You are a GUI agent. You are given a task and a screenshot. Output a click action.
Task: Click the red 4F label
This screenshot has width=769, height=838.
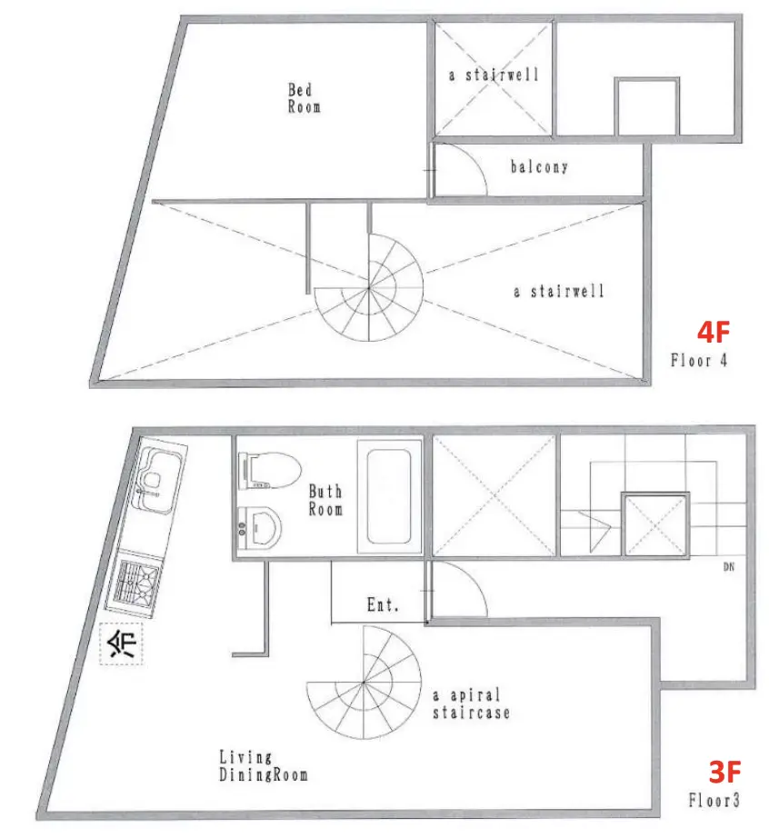[x=714, y=332]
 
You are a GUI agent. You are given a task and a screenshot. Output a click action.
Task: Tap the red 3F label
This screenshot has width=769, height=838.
[x=724, y=772]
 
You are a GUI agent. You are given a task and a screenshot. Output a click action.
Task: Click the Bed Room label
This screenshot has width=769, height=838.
[x=305, y=98]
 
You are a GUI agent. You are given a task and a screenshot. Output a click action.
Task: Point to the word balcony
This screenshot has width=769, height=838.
[x=539, y=166]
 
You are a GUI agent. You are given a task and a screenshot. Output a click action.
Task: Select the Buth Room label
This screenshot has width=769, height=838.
[x=325, y=500]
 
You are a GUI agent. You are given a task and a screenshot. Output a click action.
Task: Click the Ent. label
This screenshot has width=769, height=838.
[x=383, y=604]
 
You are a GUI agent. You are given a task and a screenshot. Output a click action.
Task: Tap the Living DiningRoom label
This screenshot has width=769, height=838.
[x=264, y=766]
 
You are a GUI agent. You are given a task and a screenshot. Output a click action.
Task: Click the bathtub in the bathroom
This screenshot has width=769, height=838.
[x=389, y=496]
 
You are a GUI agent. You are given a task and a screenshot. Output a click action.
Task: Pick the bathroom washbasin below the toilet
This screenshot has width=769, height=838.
[x=260, y=528]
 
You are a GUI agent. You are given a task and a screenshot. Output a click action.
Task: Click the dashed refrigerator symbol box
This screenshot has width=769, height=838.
[x=121, y=644]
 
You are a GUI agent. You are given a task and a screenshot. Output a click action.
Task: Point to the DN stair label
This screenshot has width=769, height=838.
[x=728, y=567]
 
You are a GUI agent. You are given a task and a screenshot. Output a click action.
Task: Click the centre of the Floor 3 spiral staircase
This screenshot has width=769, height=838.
[x=364, y=683]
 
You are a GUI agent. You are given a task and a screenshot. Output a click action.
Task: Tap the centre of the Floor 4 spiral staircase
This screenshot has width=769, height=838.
[x=369, y=287]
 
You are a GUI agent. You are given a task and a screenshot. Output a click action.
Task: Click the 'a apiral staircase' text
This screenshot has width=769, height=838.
[x=471, y=703]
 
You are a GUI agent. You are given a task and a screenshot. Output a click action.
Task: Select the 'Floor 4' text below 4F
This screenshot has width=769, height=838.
[x=699, y=360]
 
